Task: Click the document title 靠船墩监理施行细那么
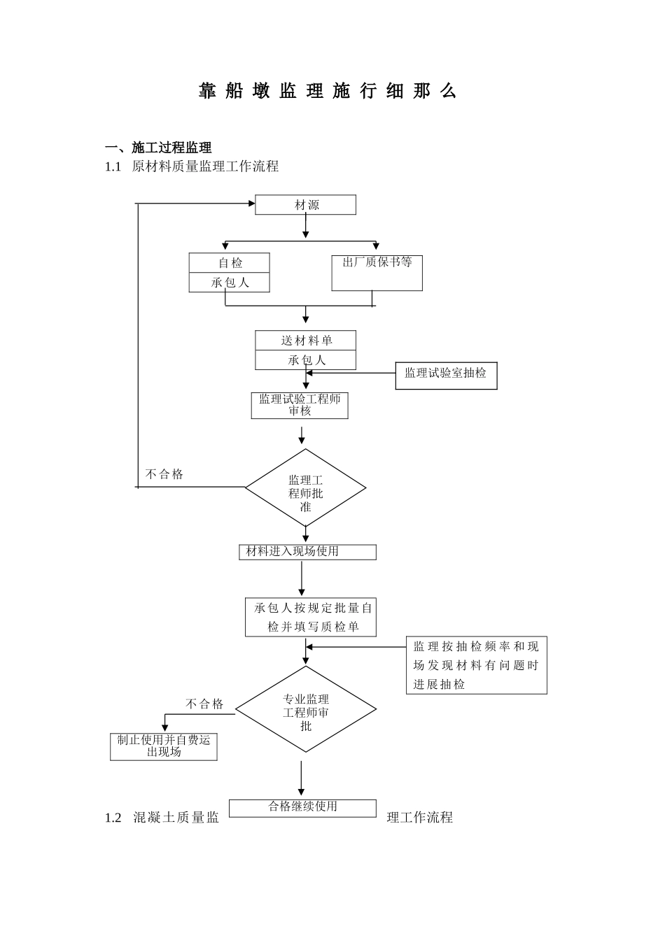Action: (x=328, y=92)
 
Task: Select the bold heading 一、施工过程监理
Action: (x=158, y=148)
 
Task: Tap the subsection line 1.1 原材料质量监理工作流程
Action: (x=192, y=166)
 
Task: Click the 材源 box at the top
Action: (x=306, y=205)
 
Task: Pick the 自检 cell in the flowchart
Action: (x=230, y=263)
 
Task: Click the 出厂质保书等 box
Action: (x=377, y=272)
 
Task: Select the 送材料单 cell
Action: (x=306, y=341)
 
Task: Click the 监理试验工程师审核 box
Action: (x=300, y=405)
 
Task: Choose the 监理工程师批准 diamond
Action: (x=305, y=488)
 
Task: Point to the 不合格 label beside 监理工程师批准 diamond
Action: (x=164, y=474)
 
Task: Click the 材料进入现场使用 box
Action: (x=307, y=552)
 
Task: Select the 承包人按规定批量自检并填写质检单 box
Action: (x=311, y=617)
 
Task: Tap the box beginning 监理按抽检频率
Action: (x=476, y=665)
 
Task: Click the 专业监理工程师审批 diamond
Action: (x=306, y=710)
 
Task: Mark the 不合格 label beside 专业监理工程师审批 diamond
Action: (x=204, y=704)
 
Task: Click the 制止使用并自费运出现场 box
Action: (x=164, y=746)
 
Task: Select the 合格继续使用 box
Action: (x=303, y=808)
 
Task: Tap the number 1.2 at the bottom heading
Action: (x=113, y=818)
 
